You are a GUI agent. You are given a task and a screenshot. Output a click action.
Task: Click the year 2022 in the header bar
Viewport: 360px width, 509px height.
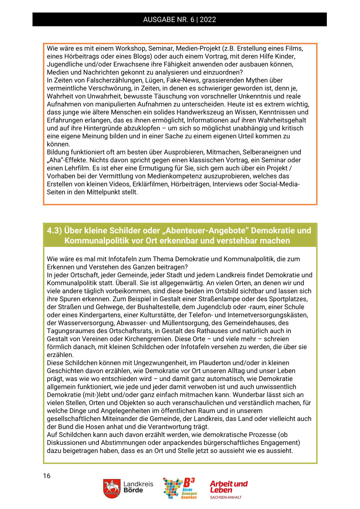[x=209, y=20]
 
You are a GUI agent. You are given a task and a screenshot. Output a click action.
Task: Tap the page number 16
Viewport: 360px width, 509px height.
[x=47, y=475]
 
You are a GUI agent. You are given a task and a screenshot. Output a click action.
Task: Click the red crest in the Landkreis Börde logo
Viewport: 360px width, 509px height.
[x=112, y=488]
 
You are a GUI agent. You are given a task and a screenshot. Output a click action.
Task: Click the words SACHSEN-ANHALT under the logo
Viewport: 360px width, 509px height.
[x=225, y=497]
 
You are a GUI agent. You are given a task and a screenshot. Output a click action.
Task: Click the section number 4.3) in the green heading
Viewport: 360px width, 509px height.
[x=54, y=231]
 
